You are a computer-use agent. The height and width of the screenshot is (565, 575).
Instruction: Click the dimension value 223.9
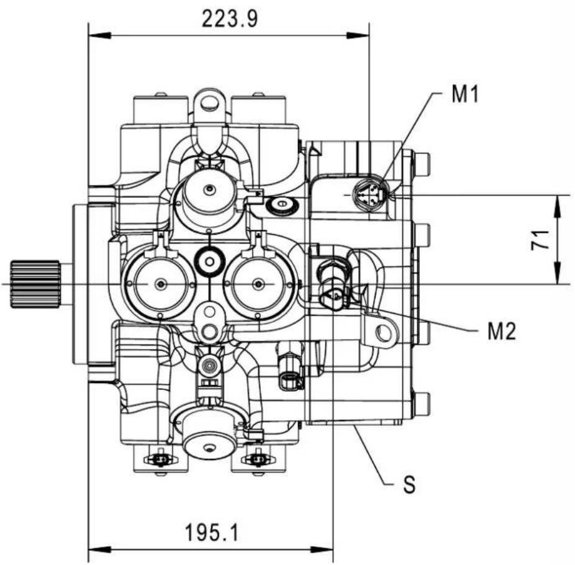point(230,19)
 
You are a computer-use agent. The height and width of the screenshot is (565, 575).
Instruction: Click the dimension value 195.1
point(212,532)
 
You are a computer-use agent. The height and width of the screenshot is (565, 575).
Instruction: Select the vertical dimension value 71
point(540,240)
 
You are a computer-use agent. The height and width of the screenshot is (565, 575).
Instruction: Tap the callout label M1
point(465,94)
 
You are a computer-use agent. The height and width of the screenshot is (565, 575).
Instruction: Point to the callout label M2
point(501,331)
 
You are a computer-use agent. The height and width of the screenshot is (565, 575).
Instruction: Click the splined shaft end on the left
point(35,284)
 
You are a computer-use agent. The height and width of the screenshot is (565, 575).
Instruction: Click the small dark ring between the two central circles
point(209,261)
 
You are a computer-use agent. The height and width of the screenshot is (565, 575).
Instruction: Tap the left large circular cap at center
point(160,284)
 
